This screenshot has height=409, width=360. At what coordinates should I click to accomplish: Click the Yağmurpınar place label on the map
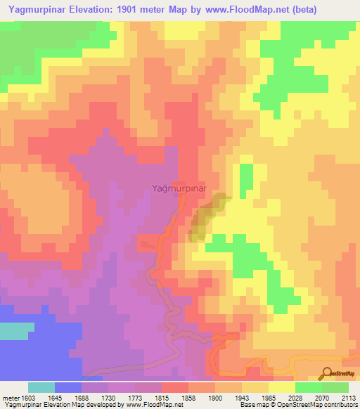[179, 188]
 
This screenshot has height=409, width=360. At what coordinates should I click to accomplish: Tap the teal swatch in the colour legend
[41, 387]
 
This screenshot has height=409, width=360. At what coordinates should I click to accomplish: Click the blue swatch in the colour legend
[68, 387]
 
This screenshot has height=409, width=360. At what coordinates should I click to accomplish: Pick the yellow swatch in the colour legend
[281, 387]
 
